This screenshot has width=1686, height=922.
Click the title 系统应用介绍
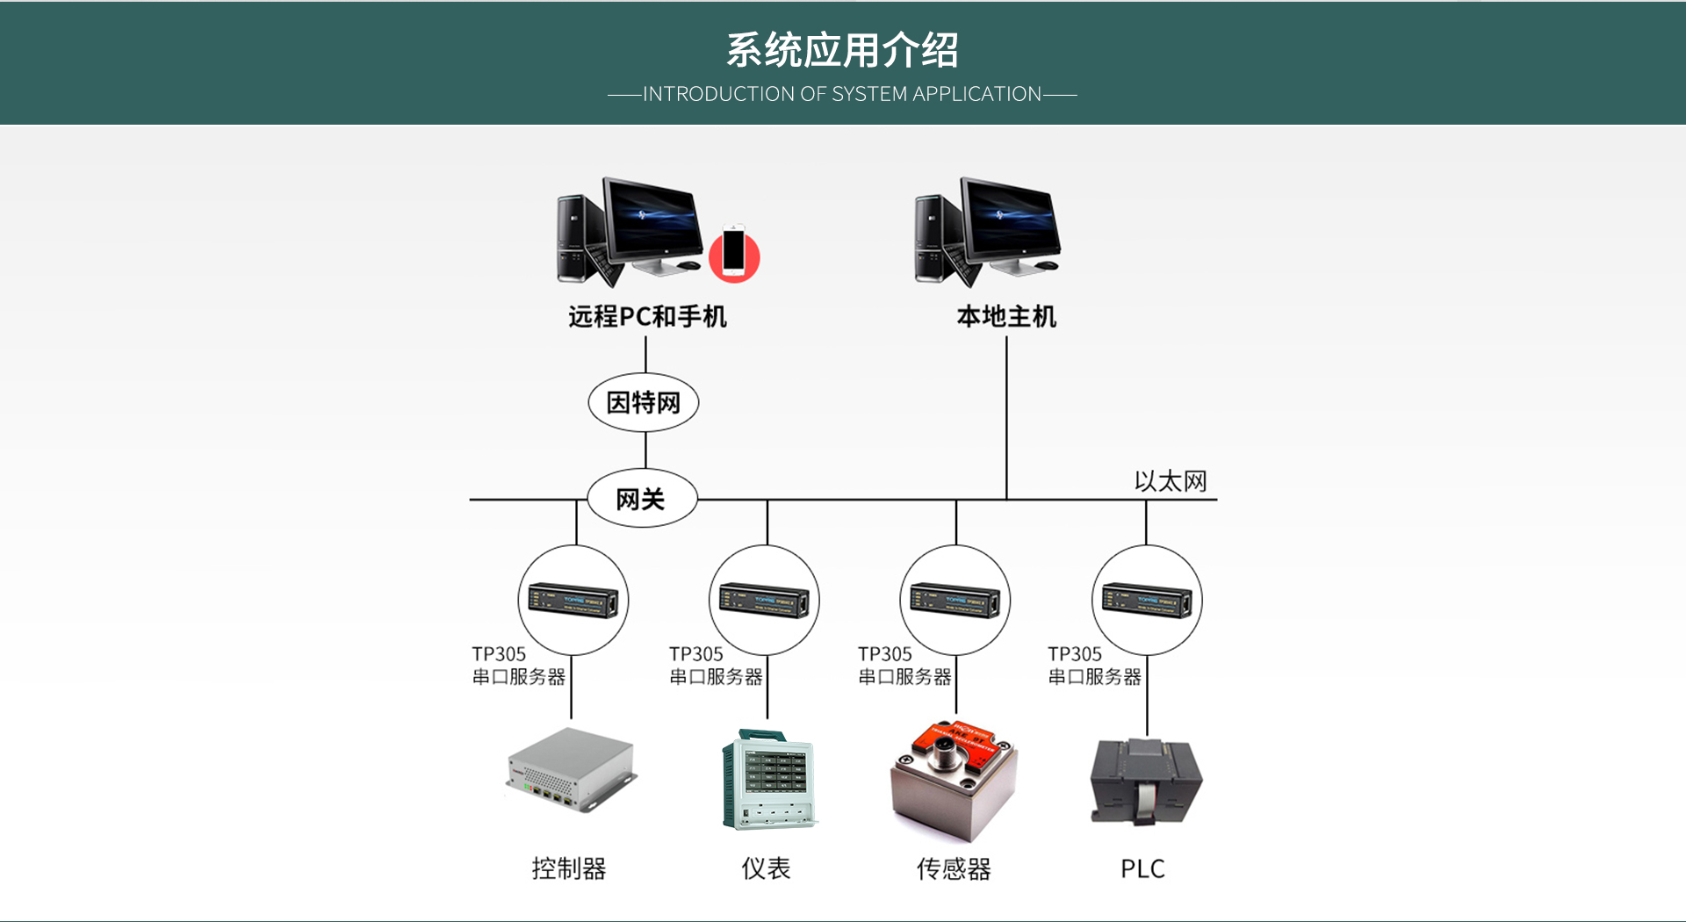(842, 50)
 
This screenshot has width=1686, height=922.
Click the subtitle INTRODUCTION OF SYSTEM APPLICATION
(842, 94)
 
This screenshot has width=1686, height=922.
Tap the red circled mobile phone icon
(734, 254)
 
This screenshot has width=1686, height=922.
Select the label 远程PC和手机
(647, 316)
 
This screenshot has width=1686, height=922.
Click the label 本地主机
(1006, 316)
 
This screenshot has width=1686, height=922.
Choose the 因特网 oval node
(644, 403)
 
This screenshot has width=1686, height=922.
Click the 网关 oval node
(642, 499)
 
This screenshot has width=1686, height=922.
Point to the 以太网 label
(1170, 481)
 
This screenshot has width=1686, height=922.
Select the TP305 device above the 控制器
(573, 601)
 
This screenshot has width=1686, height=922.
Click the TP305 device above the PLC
(1147, 601)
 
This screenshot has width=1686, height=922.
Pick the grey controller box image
(572, 769)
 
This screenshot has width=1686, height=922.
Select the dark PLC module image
(1145, 780)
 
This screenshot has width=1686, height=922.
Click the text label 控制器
(569, 868)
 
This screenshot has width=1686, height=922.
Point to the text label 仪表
(766, 868)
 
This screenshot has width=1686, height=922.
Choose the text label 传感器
(954, 868)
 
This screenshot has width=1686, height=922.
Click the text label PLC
(1142, 868)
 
